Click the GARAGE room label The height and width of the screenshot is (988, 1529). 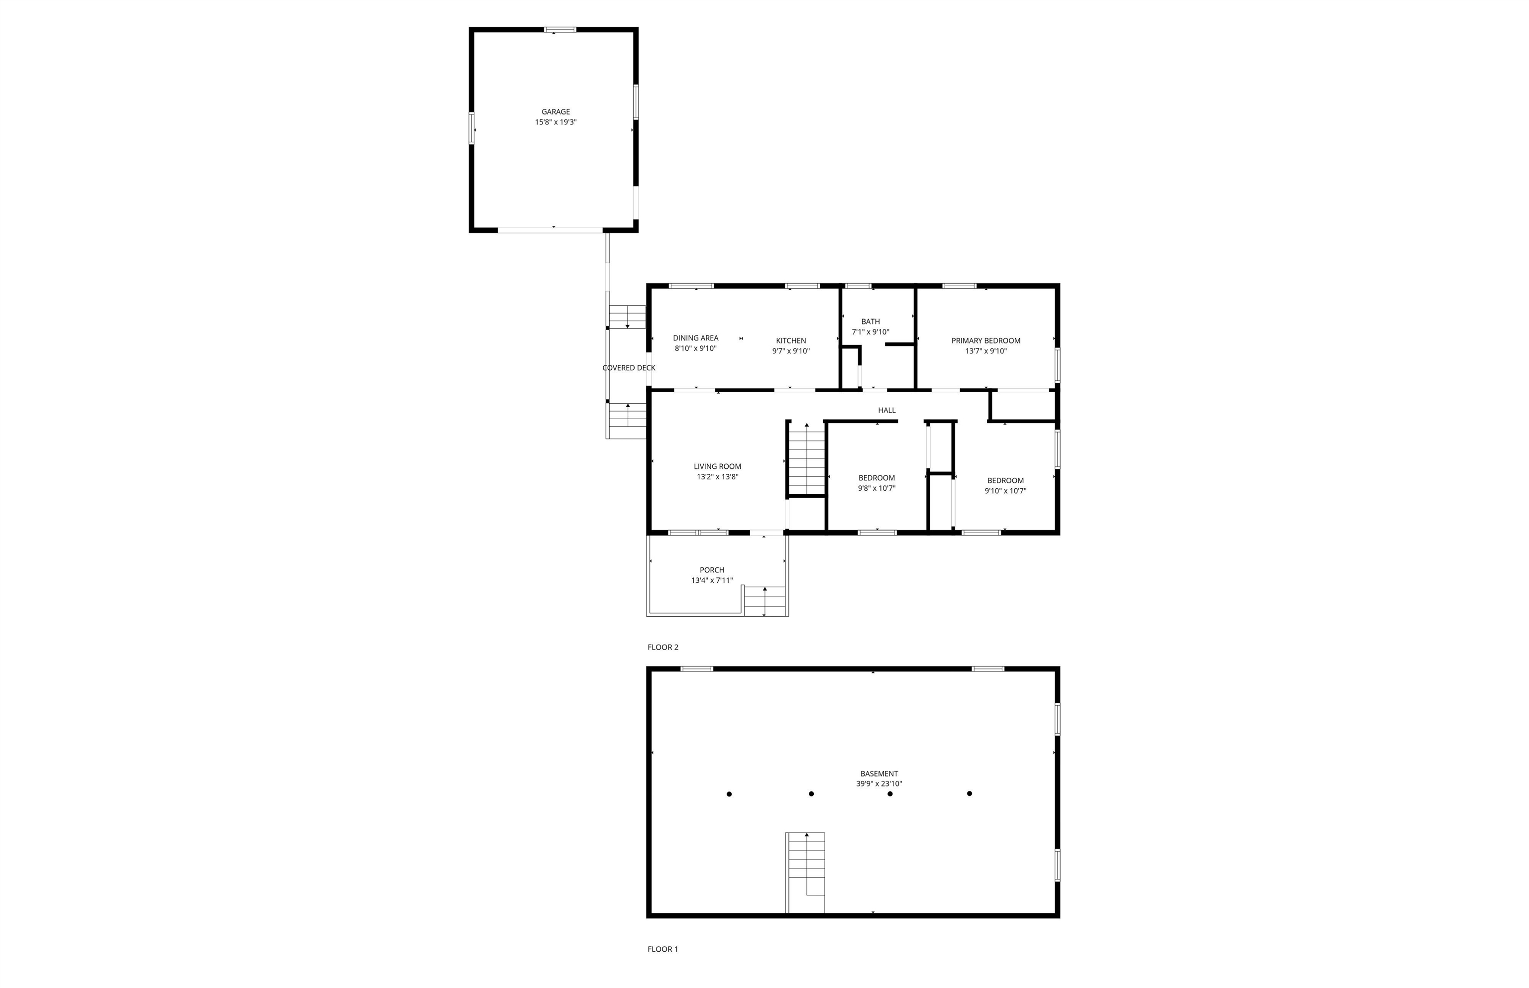555,111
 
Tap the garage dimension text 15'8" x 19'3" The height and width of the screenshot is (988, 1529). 555,122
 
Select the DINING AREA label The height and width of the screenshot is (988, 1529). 695,338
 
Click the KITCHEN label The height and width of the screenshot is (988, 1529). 791,340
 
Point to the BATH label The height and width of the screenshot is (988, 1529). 871,322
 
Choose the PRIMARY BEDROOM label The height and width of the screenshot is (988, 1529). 985,340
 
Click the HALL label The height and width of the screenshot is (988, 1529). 886,410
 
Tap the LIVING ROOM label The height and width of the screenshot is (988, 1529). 717,466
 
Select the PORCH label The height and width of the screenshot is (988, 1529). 711,570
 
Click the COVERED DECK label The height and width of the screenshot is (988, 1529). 629,368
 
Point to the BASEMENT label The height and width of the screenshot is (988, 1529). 878,773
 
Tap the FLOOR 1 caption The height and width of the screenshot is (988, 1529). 662,949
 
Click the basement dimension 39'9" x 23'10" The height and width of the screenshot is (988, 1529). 878,784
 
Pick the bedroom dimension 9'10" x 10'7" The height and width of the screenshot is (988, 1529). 1005,491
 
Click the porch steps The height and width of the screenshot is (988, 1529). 764,601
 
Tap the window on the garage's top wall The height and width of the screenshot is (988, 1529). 560,29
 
